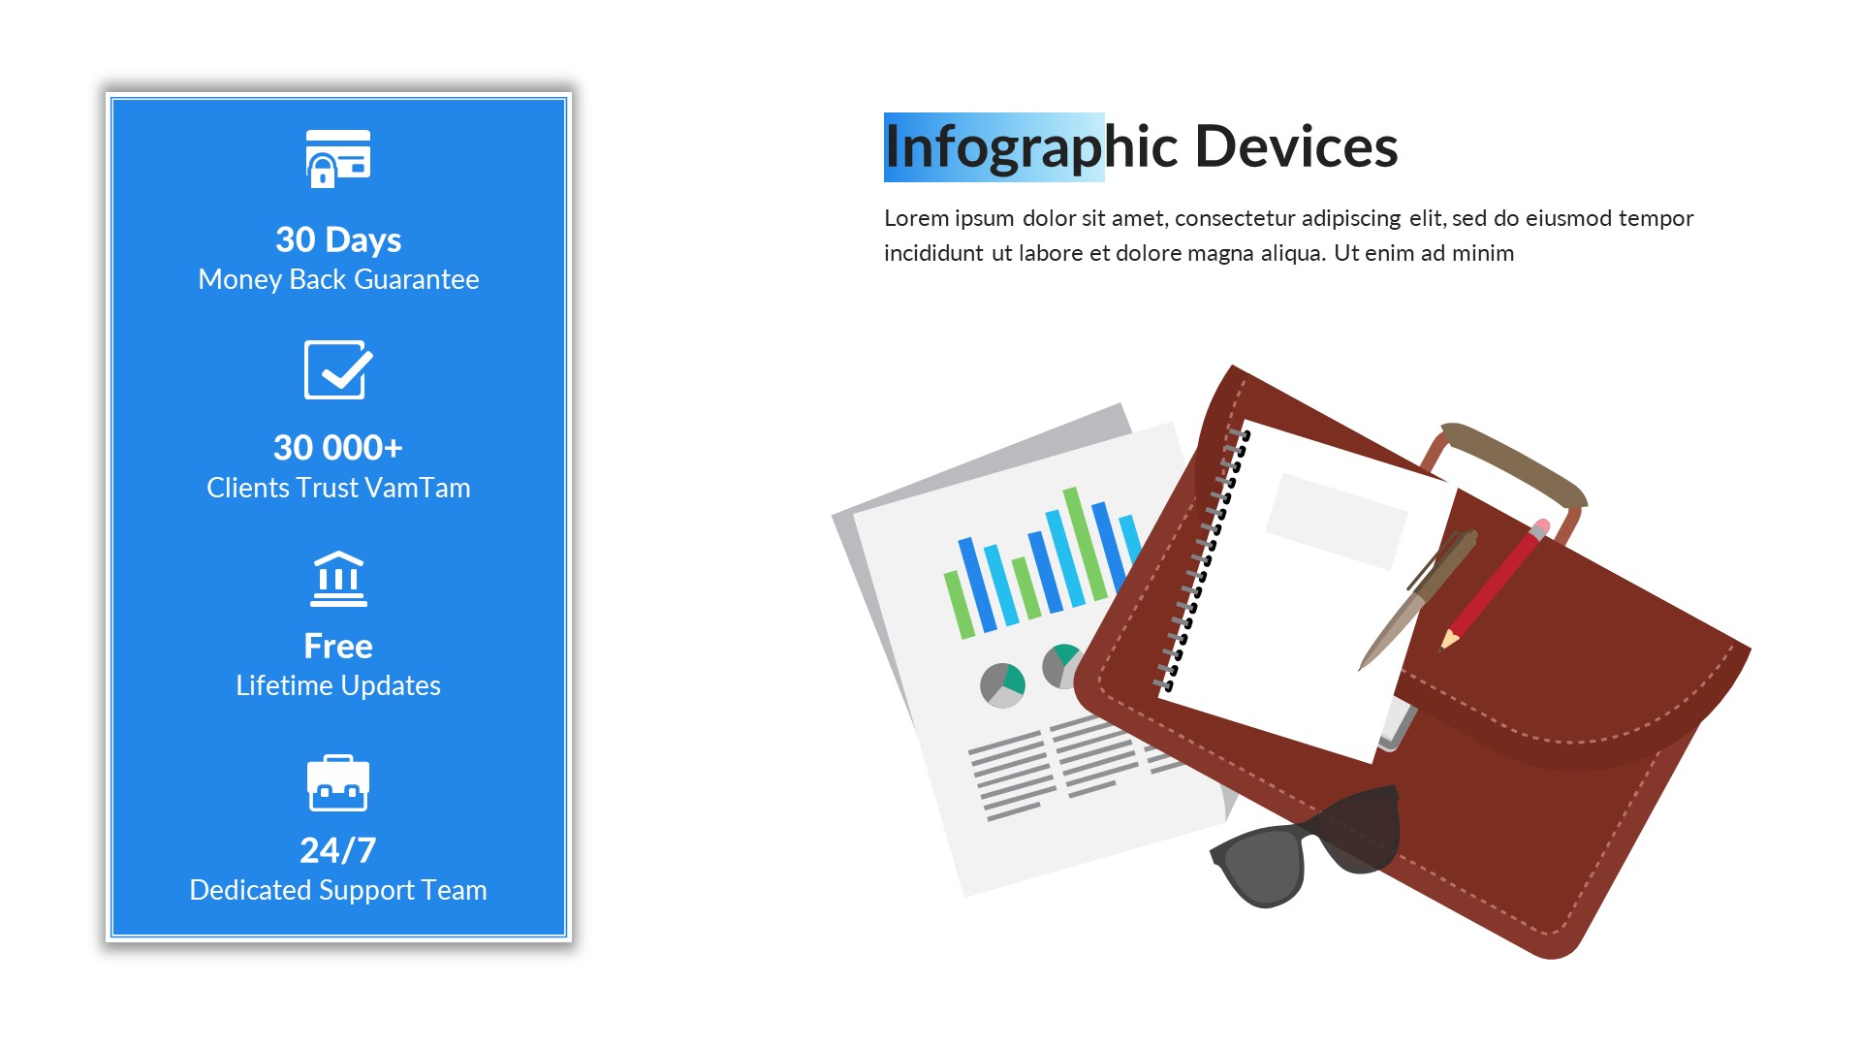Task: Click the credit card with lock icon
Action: pyautogui.click(x=338, y=158)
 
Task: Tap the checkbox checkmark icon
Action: pyautogui.click(x=338, y=369)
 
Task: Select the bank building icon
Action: pyautogui.click(x=338, y=579)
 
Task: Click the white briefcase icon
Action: pyautogui.click(x=338, y=782)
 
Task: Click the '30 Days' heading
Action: pyautogui.click(x=338, y=239)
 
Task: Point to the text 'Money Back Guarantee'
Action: pyautogui.click(x=338, y=279)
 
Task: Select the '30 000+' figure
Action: pyautogui.click(x=338, y=448)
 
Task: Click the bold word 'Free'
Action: pyautogui.click(x=338, y=646)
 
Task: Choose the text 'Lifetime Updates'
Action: pyautogui.click(x=338, y=685)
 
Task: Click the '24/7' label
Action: pyautogui.click(x=338, y=850)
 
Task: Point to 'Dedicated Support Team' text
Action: pyautogui.click(x=338, y=890)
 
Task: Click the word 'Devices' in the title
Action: pyautogui.click(x=1296, y=147)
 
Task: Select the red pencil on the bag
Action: pyautogui.click(x=1494, y=586)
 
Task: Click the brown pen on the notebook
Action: pyautogui.click(x=1418, y=600)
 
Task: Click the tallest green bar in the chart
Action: pyautogui.click(x=1085, y=544)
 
